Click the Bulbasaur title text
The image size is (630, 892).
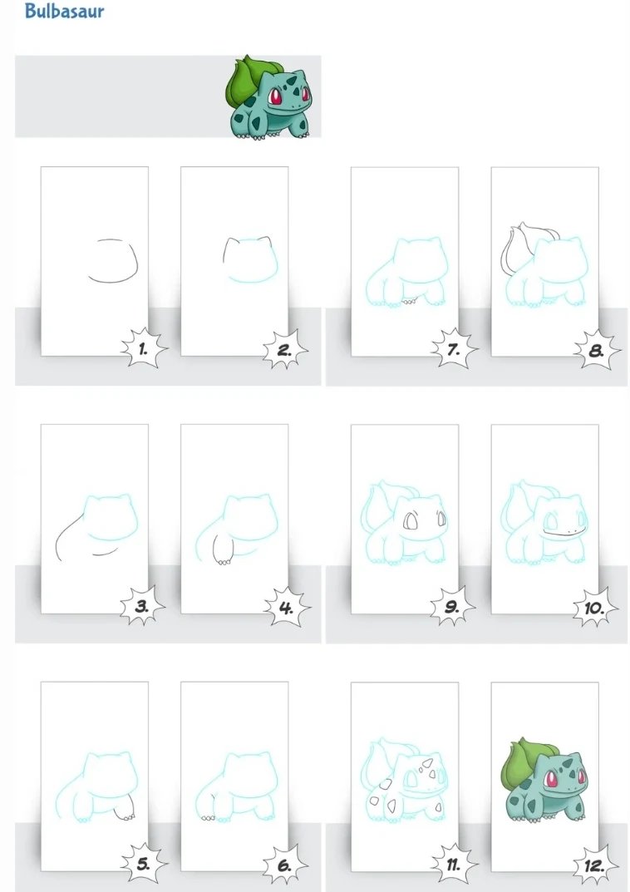click(64, 11)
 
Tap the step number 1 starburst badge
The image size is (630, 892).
click(144, 348)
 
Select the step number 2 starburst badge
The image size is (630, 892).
click(285, 349)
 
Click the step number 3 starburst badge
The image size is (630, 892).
click(143, 606)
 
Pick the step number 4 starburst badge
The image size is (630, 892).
click(286, 608)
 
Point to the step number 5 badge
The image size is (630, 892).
click(143, 864)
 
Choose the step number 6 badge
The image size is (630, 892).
click(285, 865)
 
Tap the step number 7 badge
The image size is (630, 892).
click(454, 348)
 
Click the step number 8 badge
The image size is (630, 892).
click(596, 349)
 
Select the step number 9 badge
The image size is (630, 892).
click(453, 606)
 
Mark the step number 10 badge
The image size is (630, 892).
click(595, 608)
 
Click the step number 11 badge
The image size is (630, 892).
click(453, 864)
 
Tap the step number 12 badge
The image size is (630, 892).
click(594, 865)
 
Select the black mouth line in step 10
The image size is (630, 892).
click(562, 533)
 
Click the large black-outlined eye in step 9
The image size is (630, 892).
click(410, 522)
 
